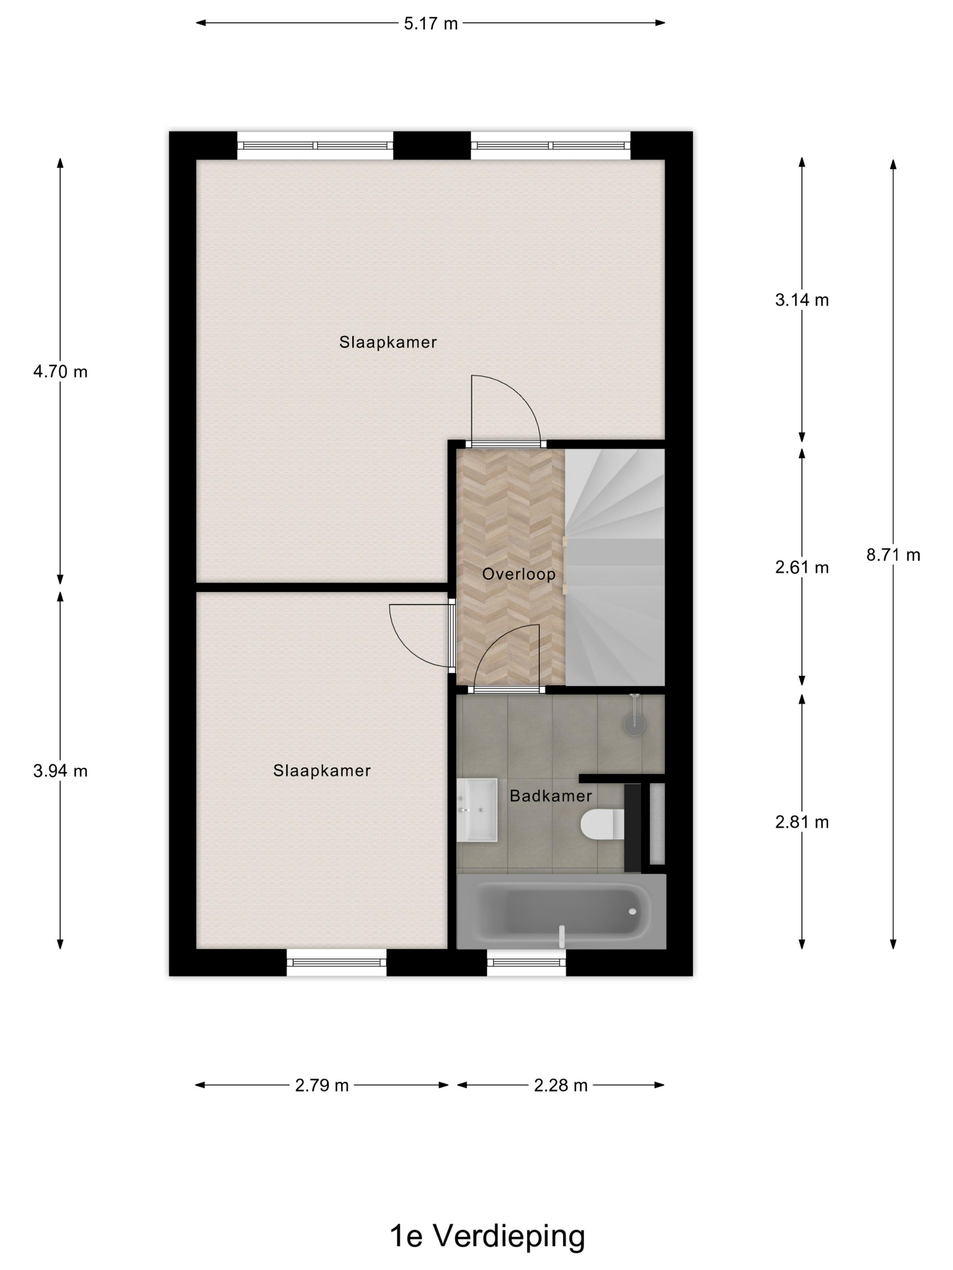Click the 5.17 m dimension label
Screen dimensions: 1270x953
430,24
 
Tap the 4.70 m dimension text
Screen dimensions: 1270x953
60,372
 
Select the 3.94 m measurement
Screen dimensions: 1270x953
60,771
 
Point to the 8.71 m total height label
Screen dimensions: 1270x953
893,555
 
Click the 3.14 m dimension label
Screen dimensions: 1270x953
801,300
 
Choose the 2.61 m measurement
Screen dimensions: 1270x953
801,567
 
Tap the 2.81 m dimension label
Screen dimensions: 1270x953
801,822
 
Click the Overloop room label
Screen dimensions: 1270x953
519,574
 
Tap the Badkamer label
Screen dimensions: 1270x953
550,796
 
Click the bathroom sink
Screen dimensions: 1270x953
477,810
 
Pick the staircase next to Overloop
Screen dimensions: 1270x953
614,566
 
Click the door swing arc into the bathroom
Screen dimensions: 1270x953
506,655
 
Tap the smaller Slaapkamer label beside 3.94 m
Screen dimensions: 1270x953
322,771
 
